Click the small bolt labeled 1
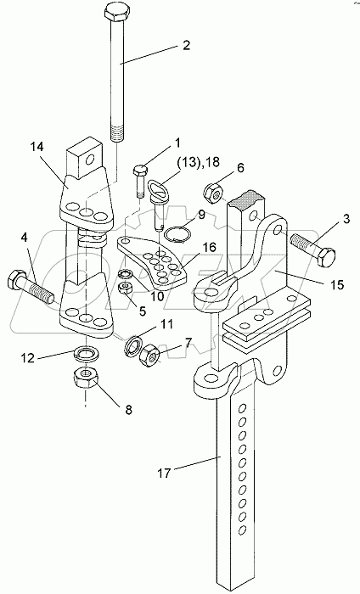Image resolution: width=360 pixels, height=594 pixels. [139, 180]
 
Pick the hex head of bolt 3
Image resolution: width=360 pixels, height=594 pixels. [326, 258]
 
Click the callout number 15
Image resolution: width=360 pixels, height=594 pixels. [335, 284]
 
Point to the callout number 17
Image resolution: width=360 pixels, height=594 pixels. [164, 474]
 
